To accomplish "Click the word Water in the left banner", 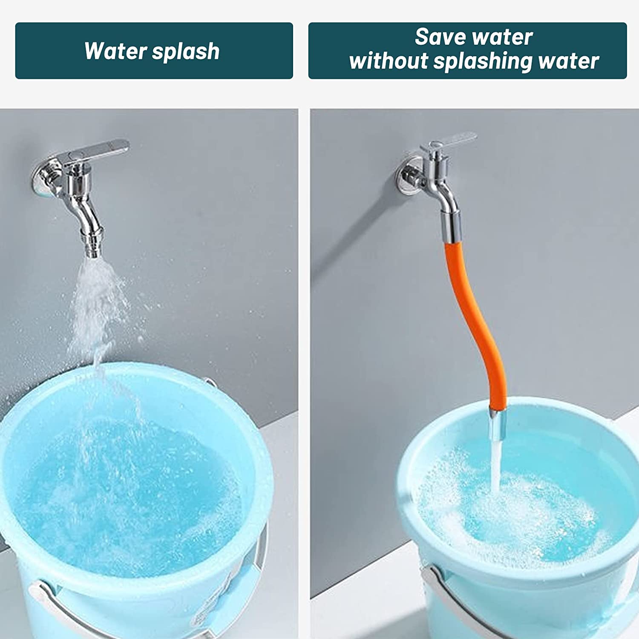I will click(115, 51).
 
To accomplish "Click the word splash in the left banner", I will click(186, 52).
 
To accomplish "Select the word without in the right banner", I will click(388, 61).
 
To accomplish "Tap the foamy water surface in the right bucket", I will click(532, 524).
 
